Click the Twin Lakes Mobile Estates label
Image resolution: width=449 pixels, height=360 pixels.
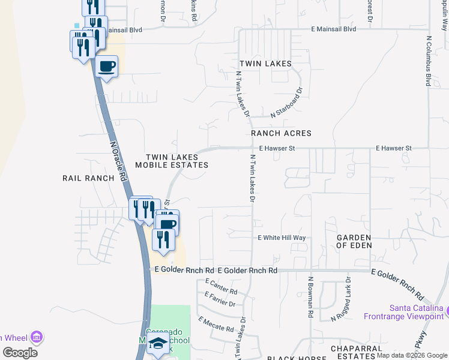pyautogui.click(x=172, y=161)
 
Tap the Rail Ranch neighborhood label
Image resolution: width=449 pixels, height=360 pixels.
pyautogui.click(x=88, y=178)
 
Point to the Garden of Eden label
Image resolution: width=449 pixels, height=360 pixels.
pyautogui.click(x=354, y=241)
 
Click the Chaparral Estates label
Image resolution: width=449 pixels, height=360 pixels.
pyautogui.click(x=357, y=352)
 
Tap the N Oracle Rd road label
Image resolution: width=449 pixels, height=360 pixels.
pyautogui.click(x=118, y=161)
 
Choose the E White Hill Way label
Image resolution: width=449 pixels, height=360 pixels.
pyautogui.click(x=282, y=238)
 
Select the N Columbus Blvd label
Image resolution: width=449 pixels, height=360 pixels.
pyautogui.click(x=429, y=61)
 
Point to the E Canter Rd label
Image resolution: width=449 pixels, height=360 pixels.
pyautogui.click(x=221, y=287)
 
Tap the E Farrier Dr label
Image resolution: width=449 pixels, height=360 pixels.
pyautogui.click(x=220, y=299)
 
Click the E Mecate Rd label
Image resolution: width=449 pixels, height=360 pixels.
pyautogui.click(x=216, y=325)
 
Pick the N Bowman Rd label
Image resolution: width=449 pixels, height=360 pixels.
pyautogui.click(x=311, y=297)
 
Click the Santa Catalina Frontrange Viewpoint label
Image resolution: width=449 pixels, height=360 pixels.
pyautogui.click(x=408, y=311)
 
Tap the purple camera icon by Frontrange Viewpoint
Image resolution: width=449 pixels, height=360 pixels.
pyautogui.click(x=439, y=310)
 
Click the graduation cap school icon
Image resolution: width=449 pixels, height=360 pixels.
pyautogui.click(x=158, y=344)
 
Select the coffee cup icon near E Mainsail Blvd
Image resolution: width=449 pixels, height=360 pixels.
pyautogui.click(x=107, y=67)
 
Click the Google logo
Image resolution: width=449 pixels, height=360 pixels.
pyautogui.click(x=20, y=353)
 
